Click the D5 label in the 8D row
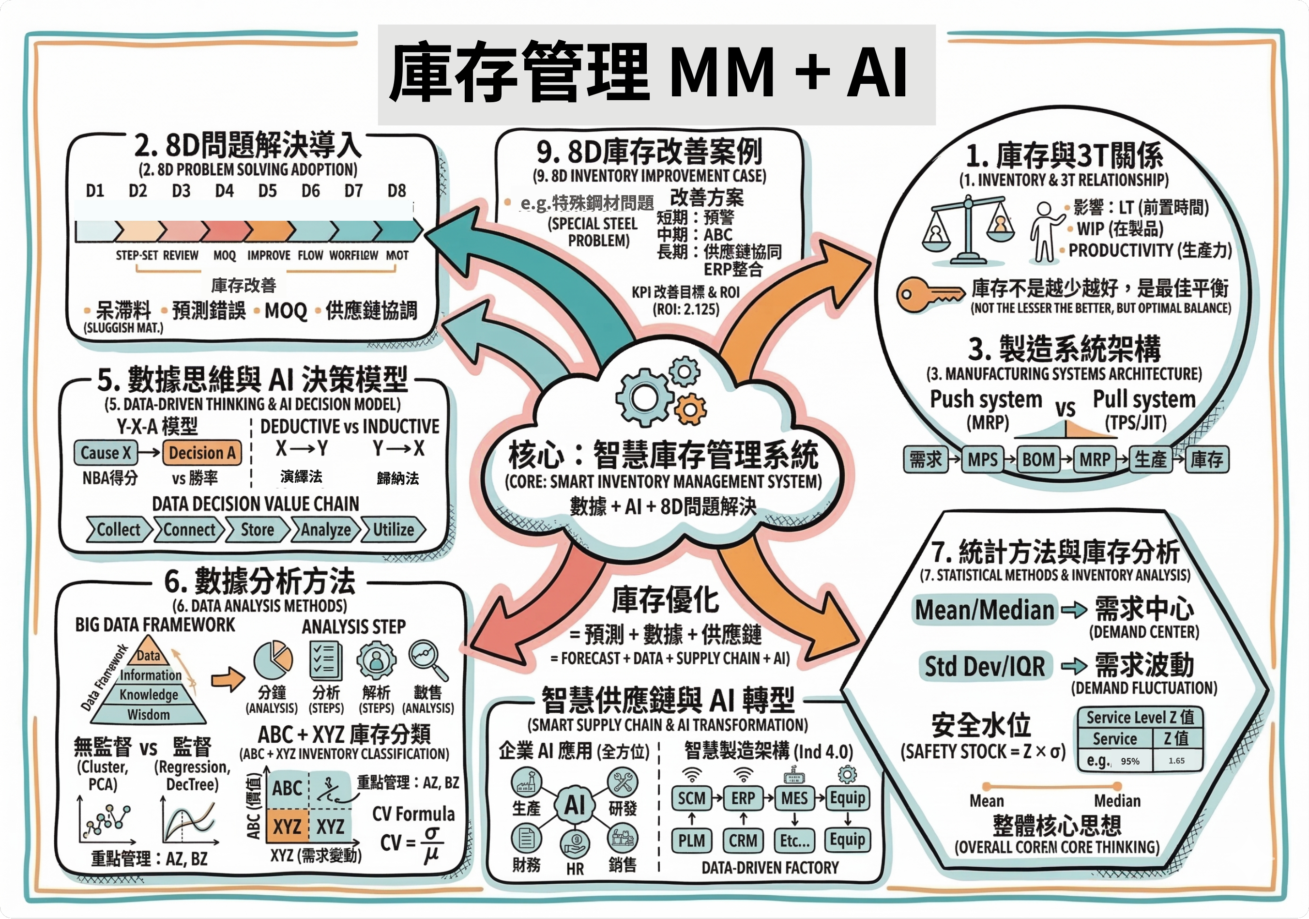tap(267, 190)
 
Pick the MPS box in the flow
tap(983, 459)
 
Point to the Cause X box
tap(106, 453)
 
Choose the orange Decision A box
tap(202, 453)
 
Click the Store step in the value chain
tap(257, 530)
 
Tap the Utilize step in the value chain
tap(394, 530)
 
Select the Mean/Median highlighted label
tap(985, 610)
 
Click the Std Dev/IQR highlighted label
tap(985, 666)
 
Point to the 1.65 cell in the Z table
tap(1176, 761)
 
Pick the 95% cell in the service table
tap(1130, 761)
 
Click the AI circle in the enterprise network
tap(574, 805)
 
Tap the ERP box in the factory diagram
tap(743, 798)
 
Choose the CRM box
tap(743, 841)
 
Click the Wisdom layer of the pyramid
tap(148, 715)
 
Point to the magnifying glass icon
tap(427, 659)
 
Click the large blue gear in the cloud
tap(645, 398)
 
